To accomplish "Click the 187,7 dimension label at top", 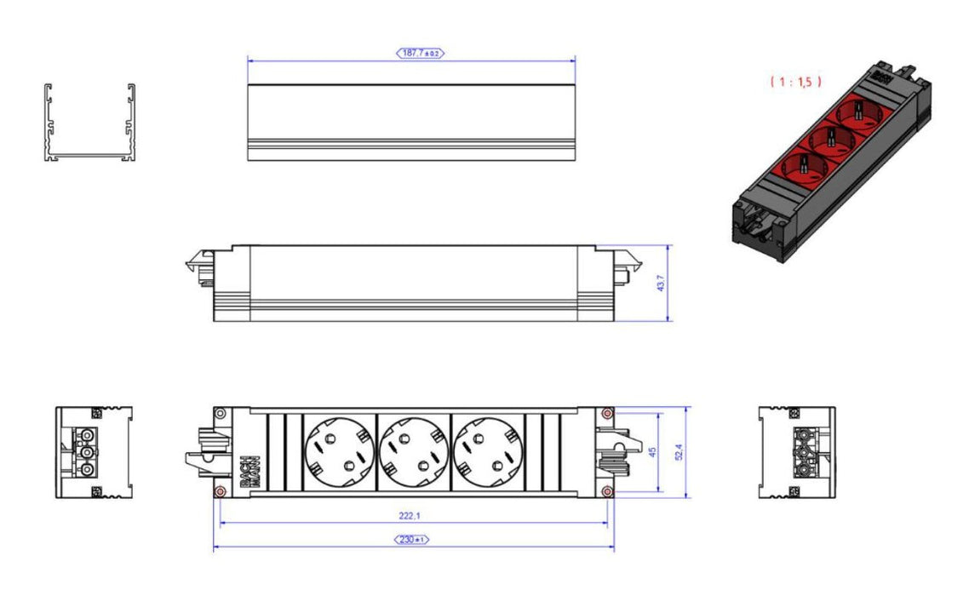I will tap(421, 53).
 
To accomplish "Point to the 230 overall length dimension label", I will tap(412, 540).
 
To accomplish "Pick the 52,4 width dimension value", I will tap(680, 451).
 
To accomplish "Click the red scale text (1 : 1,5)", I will tap(796, 82).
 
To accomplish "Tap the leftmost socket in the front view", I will tap(338, 451).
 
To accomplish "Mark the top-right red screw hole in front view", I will tap(605, 414).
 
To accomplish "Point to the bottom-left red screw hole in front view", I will tap(221, 492).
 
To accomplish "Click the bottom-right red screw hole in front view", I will tap(605, 492).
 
